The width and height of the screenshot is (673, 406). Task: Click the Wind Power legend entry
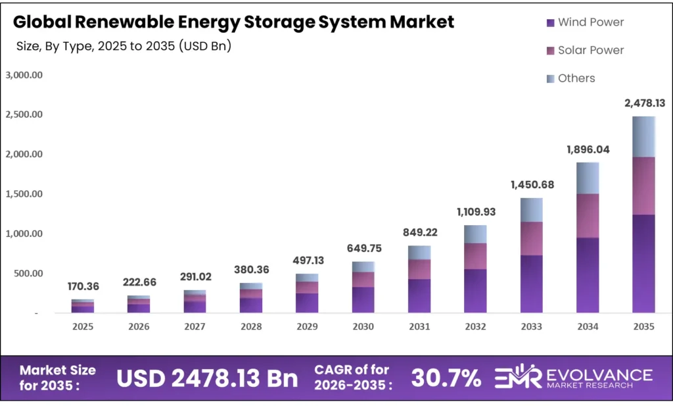584,22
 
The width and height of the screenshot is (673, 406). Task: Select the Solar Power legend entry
584,50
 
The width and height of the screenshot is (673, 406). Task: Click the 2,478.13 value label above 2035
644,103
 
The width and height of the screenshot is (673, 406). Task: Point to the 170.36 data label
83,286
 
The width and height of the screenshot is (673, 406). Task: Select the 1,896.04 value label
588,149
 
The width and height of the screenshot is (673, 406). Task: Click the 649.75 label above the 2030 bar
363,248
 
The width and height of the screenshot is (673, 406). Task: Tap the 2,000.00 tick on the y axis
24,155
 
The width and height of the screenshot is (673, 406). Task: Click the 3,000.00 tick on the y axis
24,75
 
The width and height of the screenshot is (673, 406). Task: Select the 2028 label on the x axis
251,327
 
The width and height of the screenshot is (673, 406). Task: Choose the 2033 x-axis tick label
531,327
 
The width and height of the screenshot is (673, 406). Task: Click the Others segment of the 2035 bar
644,137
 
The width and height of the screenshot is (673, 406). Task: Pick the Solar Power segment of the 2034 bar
588,216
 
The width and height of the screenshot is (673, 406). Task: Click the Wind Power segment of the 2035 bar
644,263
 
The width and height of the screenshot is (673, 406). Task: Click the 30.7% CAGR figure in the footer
446,378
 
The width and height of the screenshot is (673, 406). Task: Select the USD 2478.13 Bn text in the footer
207,378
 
